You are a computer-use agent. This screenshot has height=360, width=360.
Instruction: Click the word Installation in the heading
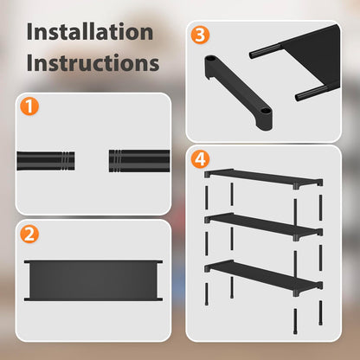point(90,33)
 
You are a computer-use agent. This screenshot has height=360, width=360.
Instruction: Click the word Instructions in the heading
point(93,64)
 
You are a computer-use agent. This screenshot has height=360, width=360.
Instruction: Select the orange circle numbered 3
point(201,36)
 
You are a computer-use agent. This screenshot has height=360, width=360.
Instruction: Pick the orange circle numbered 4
point(201,159)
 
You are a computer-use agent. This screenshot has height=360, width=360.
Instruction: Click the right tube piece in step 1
point(138,161)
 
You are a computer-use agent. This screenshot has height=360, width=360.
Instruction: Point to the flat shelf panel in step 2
point(93,280)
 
